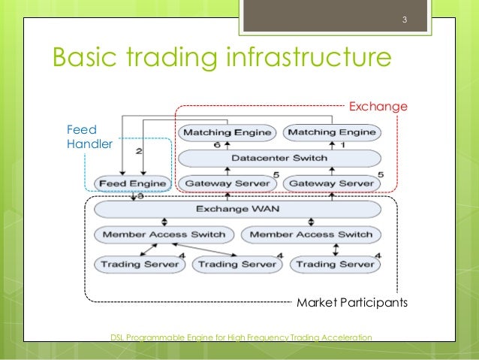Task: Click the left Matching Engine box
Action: click(x=226, y=133)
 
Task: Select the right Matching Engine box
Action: click(x=331, y=133)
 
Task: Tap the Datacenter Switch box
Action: click(x=278, y=158)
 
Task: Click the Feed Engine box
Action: click(x=133, y=183)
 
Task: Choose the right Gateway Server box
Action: click(x=331, y=183)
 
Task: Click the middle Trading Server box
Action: click(x=236, y=264)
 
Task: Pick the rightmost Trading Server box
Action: click(x=334, y=264)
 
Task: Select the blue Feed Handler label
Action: click(x=89, y=137)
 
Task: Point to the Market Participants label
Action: click(x=351, y=304)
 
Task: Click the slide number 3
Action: click(x=404, y=19)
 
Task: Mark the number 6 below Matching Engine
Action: click(x=218, y=144)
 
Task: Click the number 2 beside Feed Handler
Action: click(x=140, y=151)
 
